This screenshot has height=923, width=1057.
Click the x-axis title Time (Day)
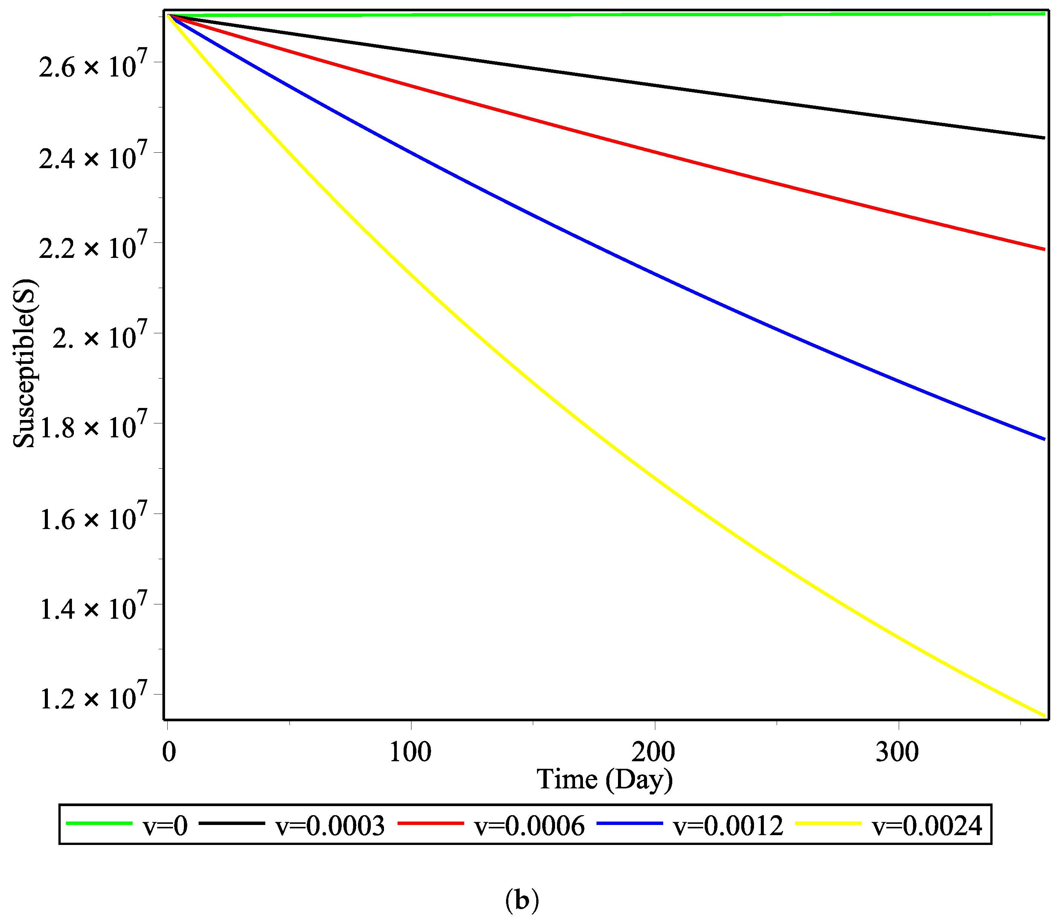pos(604,779)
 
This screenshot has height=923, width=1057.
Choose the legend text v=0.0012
pos(728,826)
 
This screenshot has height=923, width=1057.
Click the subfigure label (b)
pos(522,900)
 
